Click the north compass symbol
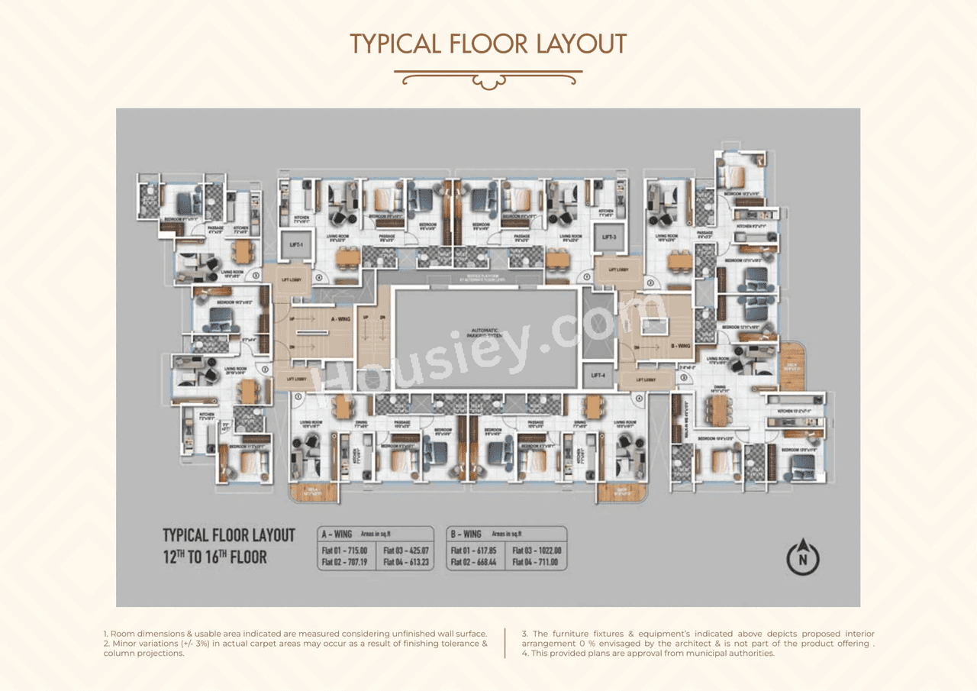tap(802, 557)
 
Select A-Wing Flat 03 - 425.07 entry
tap(406, 550)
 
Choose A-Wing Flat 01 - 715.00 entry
tap(344, 550)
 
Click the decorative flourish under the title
tap(488, 78)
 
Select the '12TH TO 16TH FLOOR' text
tap(215, 557)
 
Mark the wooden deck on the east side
tap(792, 367)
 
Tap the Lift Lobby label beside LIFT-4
tap(645, 379)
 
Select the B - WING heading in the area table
tap(466, 534)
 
